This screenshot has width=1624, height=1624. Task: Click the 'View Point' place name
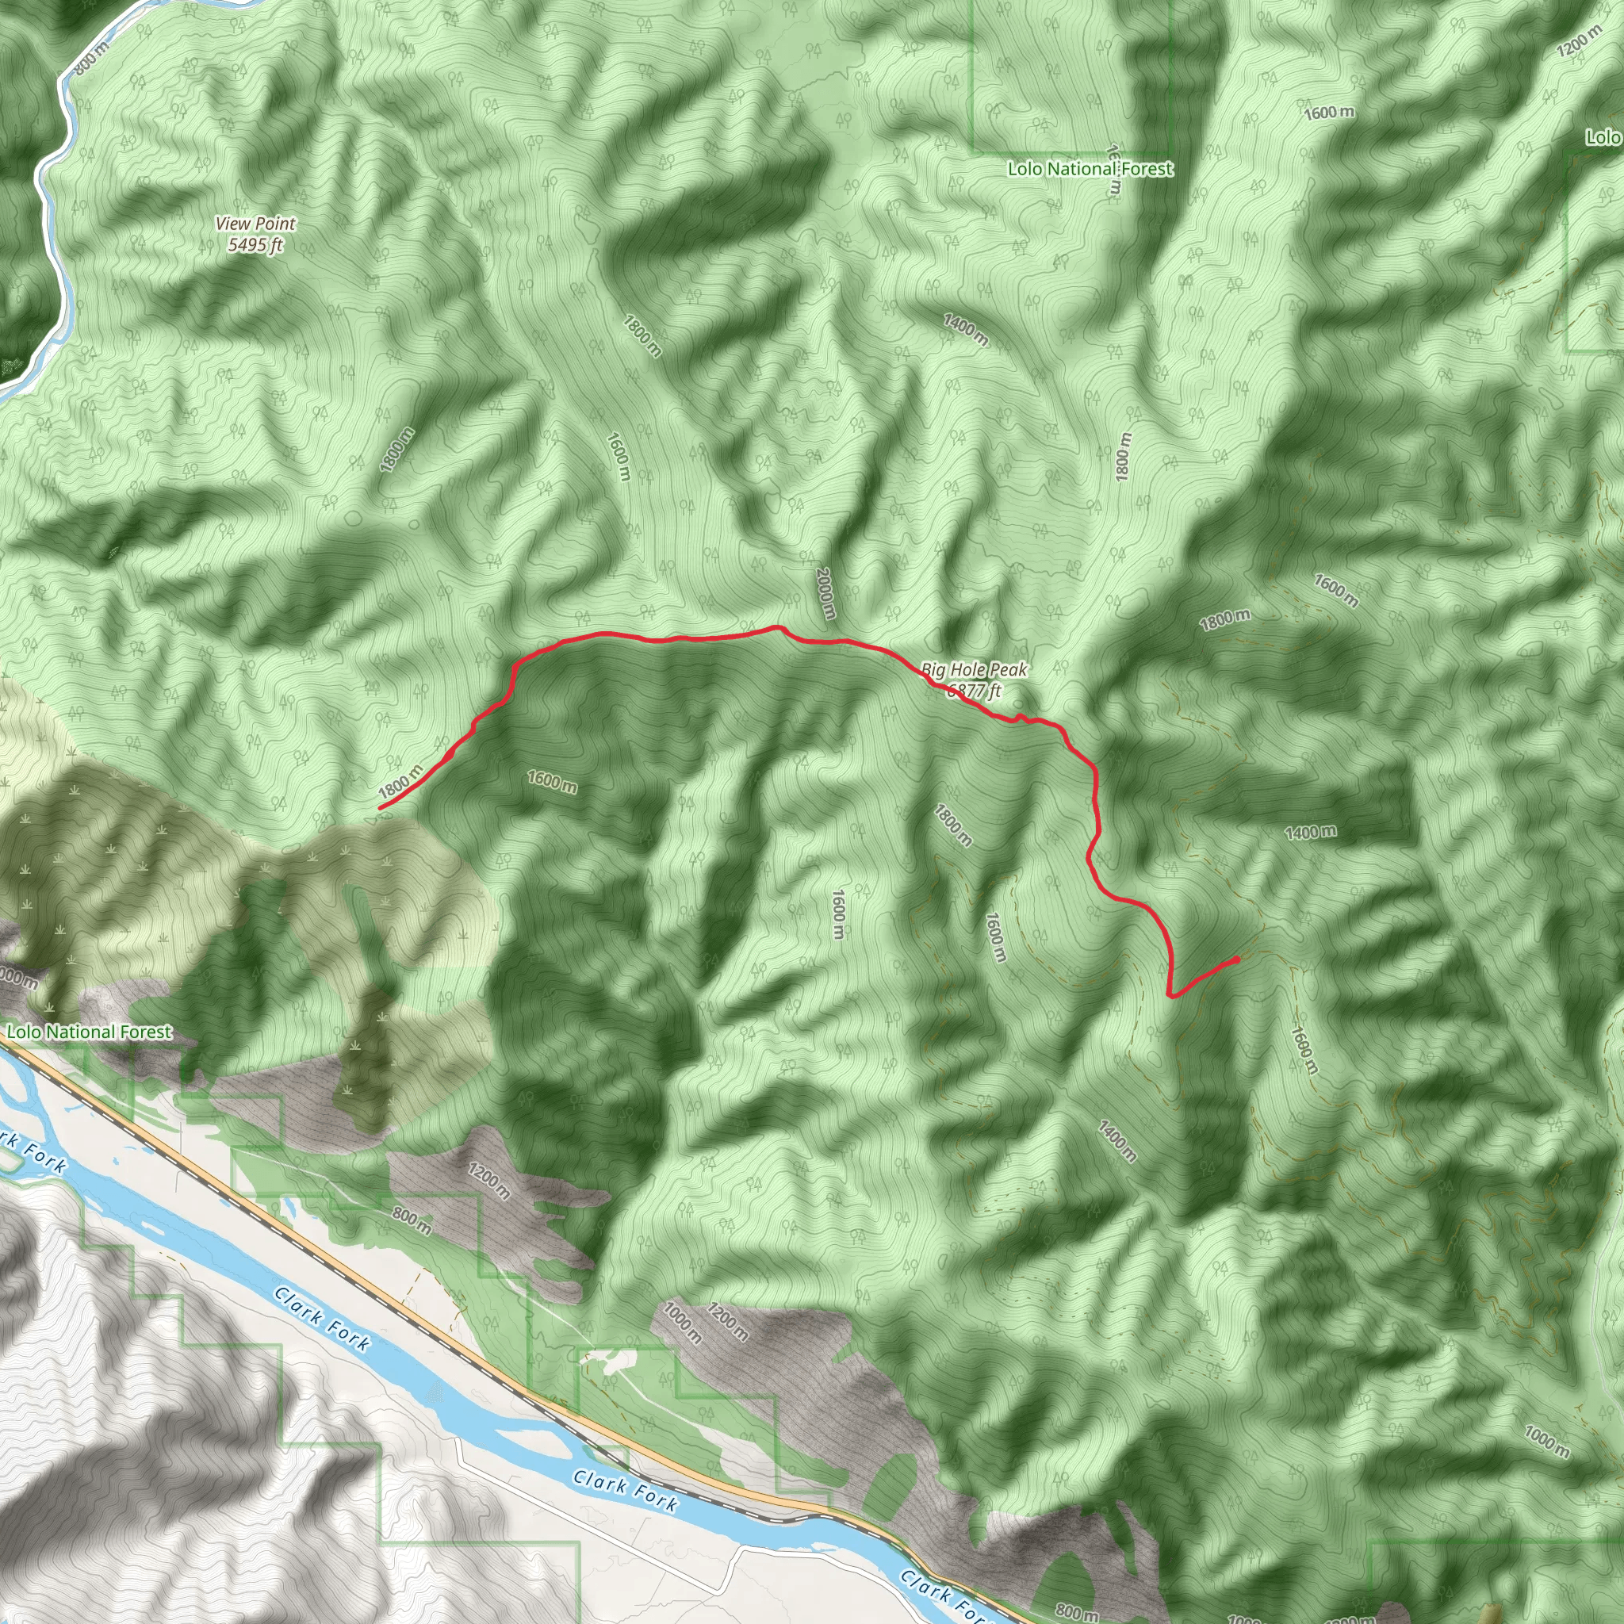pyautogui.click(x=255, y=224)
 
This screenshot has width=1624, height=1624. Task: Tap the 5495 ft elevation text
pyautogui.click(x=255, y=244)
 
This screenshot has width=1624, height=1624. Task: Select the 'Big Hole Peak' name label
pyautogui.click(x=975, y=670)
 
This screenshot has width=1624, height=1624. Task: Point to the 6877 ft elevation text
pyautogui.click(x=975, y=691)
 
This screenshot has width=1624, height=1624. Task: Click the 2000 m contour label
pyautogui.click(x=825, y=593)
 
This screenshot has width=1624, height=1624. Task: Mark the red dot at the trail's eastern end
pyautogui.click(x=1236, y=959)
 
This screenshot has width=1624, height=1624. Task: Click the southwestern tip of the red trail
pyautogui.click(x=380, y=808)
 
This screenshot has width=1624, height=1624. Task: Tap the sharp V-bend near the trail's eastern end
pyautogui.click(x=1171, y=996)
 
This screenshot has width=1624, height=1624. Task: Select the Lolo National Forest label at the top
pyautogui.click(x=1090, y=169)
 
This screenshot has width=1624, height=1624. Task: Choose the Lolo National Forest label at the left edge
pyautogui.click(x=89, y=1032)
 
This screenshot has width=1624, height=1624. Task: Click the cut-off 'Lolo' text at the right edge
pyautogui.click(x=1604, y=137)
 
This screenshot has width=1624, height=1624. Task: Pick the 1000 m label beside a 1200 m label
pyautogui.click(x=682, y=1321)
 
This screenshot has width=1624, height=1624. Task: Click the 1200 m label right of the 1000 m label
pyautogui.click(x=726, y=1322)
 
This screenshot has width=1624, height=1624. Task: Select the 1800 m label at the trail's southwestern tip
pyautogui.click(x=401, y=783)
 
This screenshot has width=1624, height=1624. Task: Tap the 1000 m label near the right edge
pyautogui.click(x=1546, y=1442)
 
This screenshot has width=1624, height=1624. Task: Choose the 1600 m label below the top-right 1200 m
pyautogui.click(x=1329, y=112)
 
